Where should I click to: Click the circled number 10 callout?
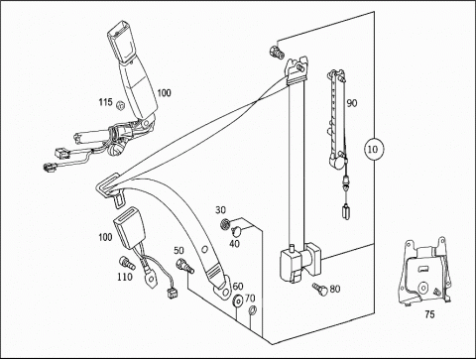[374, 149]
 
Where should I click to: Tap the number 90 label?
[352, 103]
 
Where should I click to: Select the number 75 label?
[429, 314]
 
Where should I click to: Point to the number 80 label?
[335, 289]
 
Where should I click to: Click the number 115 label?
[106, 102]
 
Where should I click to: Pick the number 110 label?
[125, 277]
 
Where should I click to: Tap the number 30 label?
[220, 210]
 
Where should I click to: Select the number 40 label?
[234, 244]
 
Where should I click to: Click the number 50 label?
[178, 251]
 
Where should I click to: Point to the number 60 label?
[238, 287]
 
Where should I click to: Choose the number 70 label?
[250, 299]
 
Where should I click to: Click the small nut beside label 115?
[120, 106]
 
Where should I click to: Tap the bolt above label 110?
[127, 263]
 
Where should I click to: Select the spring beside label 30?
[224, 224]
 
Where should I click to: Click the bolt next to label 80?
[319, 289]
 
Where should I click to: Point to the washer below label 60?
[237, 300]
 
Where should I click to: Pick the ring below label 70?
[252, 310]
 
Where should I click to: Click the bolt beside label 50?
[185, 265]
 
